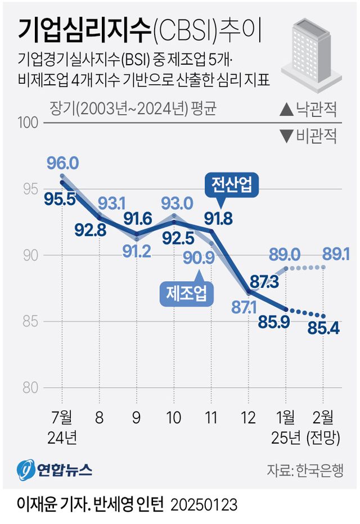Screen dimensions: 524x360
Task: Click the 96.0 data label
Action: pyautogui.click(x=62, y=164)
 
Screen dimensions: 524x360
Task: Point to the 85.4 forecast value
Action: pyautogui.click(x=323, y=327)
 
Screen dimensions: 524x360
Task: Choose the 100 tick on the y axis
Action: pyautogui.click(x=28, y=123)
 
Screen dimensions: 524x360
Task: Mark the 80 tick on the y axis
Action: pyautogui.click(x=31, y=388)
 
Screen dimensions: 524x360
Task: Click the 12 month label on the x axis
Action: pyautogui.click(x=247, y=418)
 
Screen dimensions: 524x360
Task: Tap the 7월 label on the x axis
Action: pyautogui.click(x=61, y=418)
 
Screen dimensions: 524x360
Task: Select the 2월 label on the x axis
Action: pyautogui.click(x=323, y=418)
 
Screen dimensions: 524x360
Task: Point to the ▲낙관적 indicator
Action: pyautogui.click(x=309, y=110)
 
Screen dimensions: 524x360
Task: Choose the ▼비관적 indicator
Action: pyautogui.click(x=309, y=136)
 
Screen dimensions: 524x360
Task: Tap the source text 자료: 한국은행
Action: pyautogui.click(x=305, y=470)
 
